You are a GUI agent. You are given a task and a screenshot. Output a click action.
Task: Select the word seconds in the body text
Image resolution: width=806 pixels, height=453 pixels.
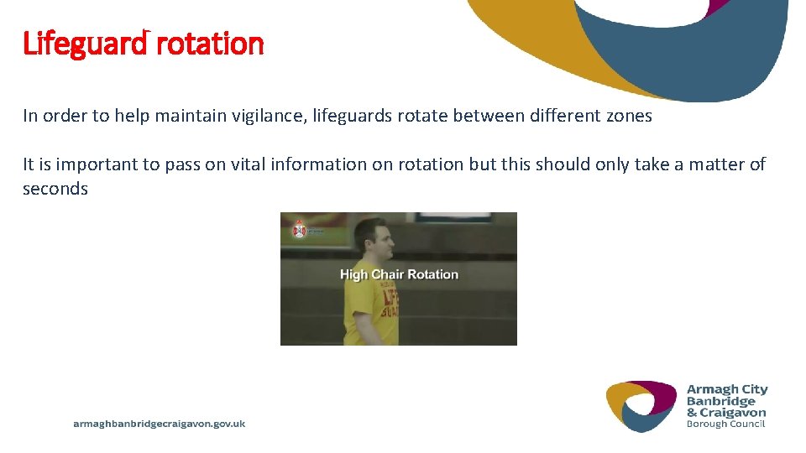(55, 189)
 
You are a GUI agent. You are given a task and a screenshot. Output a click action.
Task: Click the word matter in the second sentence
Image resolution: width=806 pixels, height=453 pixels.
(716, 164)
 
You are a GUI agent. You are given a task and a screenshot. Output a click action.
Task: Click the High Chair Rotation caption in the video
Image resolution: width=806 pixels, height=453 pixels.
(399, 274)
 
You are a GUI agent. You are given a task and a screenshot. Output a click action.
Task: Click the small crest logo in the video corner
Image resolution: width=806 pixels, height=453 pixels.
(300, 229)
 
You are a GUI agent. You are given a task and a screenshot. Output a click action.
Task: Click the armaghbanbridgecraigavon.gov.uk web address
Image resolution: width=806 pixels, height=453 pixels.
(160, 424)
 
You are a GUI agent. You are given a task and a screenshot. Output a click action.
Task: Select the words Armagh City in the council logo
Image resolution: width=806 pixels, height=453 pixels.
(727, 389)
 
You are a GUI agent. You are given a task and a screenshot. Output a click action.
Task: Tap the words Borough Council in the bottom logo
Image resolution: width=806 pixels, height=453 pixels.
(726, 424)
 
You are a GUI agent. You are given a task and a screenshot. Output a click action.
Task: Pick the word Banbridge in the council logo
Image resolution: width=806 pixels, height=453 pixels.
(720, 401)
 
